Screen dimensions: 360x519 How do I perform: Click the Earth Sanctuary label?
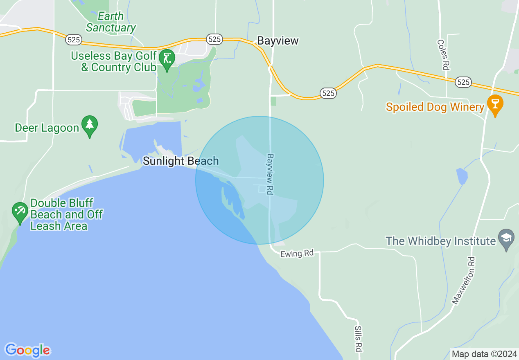click(111, 22)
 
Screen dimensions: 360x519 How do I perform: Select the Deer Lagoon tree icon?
click(89, 127)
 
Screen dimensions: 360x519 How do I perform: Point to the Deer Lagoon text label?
click(47, 128)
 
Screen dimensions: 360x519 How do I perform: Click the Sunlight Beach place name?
click(181, 161)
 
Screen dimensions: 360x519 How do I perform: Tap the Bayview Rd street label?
click(270, 174)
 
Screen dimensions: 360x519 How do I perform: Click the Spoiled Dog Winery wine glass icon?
click(495, 105)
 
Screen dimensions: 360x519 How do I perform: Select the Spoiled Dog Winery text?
click(435, 107)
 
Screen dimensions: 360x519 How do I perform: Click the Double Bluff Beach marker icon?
click(20, 211)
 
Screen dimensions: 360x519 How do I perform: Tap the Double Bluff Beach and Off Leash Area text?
click(66, 214)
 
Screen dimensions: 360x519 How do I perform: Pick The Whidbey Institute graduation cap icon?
click(506, 238)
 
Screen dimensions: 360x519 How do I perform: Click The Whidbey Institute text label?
click(441, 241)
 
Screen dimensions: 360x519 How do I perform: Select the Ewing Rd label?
click(297, 254)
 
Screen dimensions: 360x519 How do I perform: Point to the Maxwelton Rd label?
click(463, 280)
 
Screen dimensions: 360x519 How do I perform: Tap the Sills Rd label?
click(358, 339)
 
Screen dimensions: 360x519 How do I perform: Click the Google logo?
click(27, 350)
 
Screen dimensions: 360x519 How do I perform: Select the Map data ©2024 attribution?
click(485, 354)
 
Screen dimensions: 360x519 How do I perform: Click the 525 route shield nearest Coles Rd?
click(463, 82)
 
